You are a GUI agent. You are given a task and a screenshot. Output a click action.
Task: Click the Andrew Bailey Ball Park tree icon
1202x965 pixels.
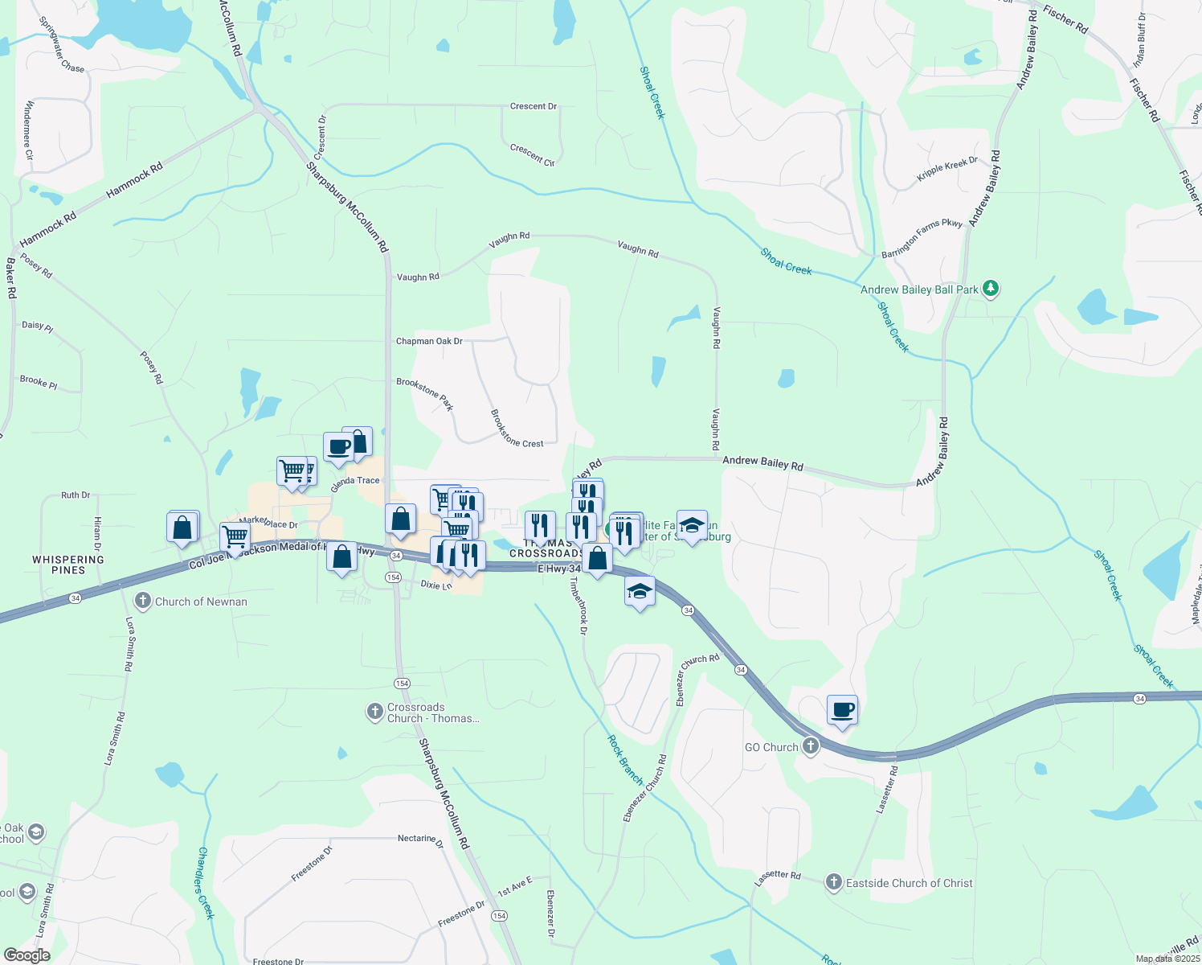pos(991,289)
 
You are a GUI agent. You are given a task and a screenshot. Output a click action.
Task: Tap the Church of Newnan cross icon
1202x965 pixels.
pos(143,601)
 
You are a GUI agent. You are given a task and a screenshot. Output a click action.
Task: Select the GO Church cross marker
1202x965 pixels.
pos(811,746)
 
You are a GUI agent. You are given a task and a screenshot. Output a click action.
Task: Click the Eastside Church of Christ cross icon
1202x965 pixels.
pos(834,882)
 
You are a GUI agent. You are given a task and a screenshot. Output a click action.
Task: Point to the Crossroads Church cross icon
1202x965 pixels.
pos(374,712)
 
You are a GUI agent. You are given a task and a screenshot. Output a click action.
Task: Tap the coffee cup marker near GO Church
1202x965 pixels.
pos(842,711)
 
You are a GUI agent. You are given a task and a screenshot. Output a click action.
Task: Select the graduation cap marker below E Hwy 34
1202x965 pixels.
pos(640,592)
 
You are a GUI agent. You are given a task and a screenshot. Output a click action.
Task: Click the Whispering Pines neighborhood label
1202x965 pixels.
pos(68,565)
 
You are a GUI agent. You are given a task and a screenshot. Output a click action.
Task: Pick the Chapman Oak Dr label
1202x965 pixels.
pos(429,341)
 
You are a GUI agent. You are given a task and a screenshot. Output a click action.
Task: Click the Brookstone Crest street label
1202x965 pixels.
pos(517,429)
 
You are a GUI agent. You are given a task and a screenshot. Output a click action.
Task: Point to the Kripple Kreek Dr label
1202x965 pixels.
pos(947,169)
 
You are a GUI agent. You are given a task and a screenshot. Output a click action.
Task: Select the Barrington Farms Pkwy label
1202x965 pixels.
pos(922,239)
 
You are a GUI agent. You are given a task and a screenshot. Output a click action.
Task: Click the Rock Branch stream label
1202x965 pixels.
pos(625,759)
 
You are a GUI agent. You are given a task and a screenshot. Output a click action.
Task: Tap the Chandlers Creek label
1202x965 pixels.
pos(206,882)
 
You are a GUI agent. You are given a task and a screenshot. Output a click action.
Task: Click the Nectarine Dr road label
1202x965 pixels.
pos(420,839)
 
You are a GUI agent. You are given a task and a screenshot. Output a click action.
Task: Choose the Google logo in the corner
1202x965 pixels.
pos(27,955)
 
